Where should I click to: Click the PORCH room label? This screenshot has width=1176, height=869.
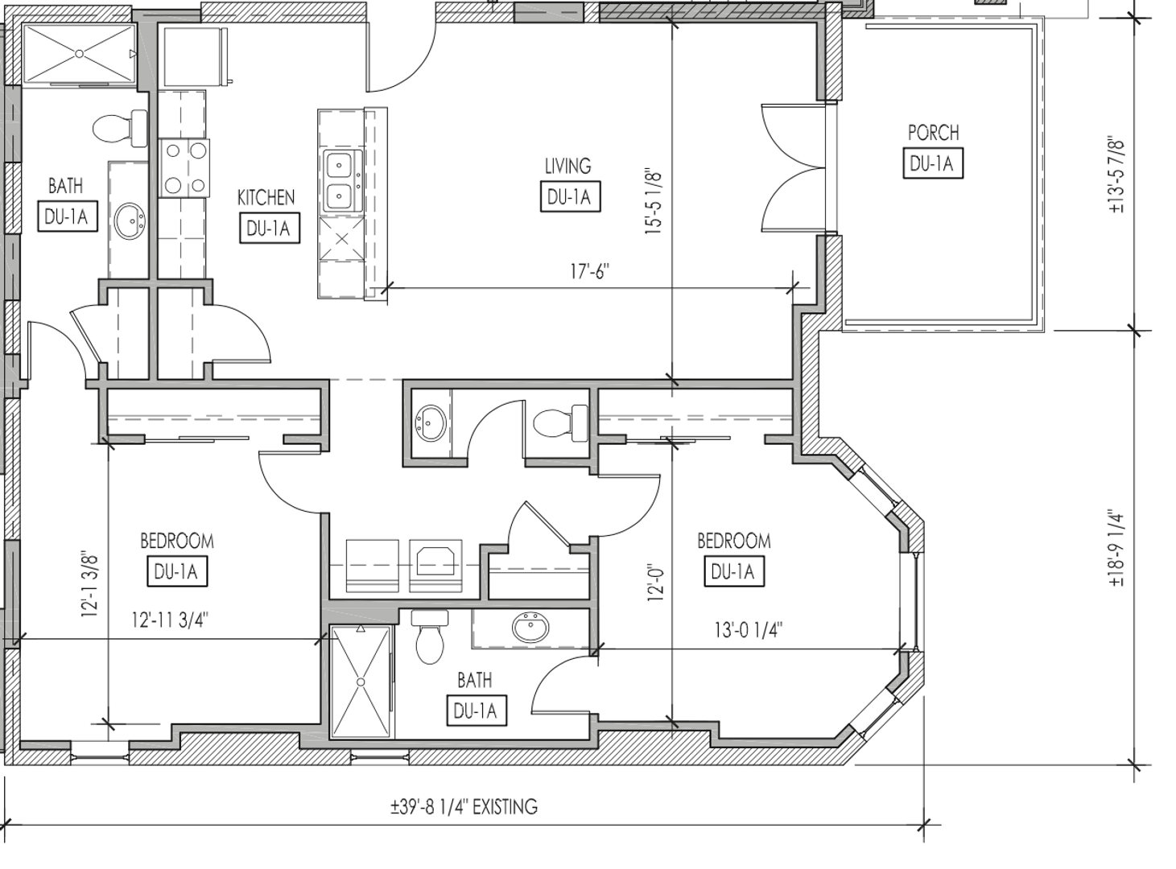tap(933, 133)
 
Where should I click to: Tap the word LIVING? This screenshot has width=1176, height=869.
tap(567, 166)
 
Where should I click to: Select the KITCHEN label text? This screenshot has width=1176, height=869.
tap(266, 197)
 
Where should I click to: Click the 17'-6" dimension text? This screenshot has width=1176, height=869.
tap(589, 271)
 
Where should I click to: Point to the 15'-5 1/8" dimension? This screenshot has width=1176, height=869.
tap(654, 202)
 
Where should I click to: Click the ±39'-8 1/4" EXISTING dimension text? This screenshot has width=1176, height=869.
tap(464, 807)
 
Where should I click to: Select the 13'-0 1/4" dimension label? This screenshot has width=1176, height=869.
tap(749, 630)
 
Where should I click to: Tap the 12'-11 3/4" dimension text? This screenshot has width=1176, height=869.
tap(170, 620)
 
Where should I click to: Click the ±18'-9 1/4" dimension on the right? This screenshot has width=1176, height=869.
tap(1116, 549)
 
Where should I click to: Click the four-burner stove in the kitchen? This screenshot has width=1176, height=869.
tap(185, 168)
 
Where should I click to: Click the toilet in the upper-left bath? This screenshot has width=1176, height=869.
tap(120, 128)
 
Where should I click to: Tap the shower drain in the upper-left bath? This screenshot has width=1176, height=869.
tap(79, 54)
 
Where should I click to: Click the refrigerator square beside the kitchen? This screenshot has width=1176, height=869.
tap(192, 57)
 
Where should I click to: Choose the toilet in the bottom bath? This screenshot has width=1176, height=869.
tap(430, 636)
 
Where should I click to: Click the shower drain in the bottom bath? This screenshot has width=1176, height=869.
tap(361, 682)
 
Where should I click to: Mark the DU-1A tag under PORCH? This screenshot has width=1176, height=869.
tap(933, 163)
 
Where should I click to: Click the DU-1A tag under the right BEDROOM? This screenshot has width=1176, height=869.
tap(734, 571)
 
